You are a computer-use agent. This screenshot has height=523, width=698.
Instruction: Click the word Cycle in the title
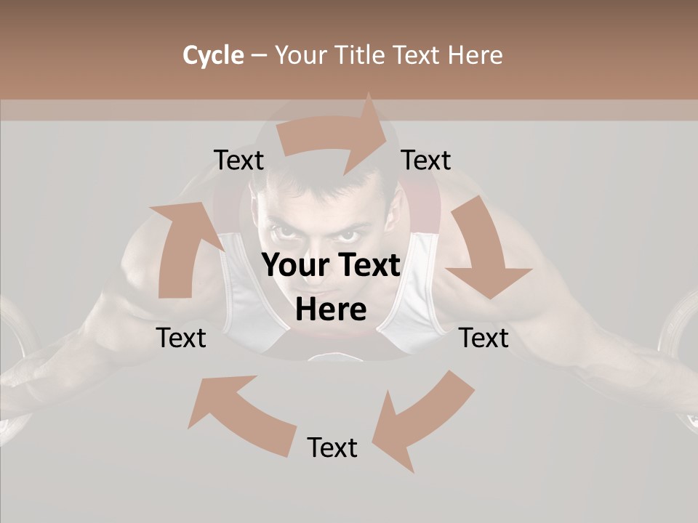point(213,55)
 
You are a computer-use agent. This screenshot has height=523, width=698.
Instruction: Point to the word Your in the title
point(302,55)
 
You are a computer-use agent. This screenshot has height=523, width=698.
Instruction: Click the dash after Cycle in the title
point(259,56)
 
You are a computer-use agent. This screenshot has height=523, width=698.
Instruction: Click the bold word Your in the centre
point(293,266)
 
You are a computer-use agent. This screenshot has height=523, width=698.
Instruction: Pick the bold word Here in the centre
point(331,310)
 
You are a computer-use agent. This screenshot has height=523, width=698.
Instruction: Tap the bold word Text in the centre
point(367,266)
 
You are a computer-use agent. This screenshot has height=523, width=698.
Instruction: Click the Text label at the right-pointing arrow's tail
point(238,161)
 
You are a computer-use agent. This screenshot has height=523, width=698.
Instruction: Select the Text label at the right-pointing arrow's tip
point(426,161)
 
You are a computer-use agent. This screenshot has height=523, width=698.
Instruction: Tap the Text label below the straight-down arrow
point(484,338)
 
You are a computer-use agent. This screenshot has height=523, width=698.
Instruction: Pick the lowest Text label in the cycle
point(332,448)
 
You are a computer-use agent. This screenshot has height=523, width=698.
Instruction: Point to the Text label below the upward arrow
point(182,338)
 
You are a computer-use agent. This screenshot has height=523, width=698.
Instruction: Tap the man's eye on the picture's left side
point(283,233)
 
